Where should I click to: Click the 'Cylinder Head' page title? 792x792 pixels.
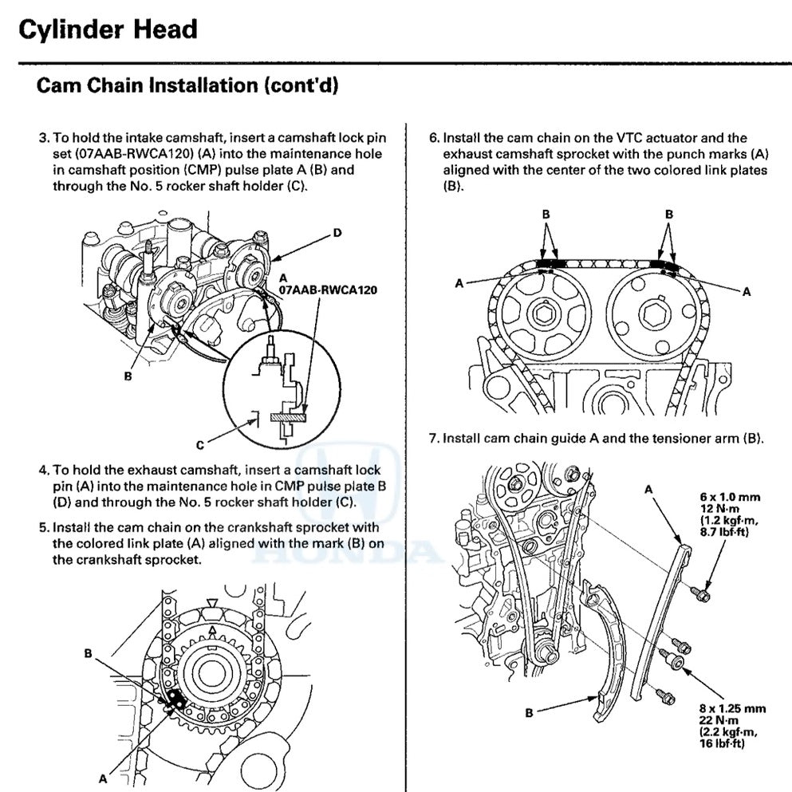(107, 30)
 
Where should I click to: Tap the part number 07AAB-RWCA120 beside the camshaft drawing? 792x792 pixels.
(328, 291)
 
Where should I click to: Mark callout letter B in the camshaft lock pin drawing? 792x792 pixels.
(128, 376)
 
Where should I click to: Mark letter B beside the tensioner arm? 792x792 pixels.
(529, 713)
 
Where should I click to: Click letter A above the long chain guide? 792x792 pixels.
(649, 488)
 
